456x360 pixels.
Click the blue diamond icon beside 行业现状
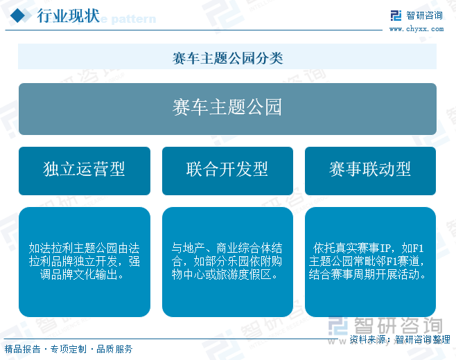[x=18, y=15]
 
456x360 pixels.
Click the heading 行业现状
[x=69, y=16]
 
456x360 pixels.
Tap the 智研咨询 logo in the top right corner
[x=416, y=15]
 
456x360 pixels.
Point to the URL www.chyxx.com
[x=416, y=29]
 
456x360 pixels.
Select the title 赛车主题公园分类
[x=227, y=58]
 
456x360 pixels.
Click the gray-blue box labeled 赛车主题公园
[x=227, y=109]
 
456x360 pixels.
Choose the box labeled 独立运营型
[x=85, y=171]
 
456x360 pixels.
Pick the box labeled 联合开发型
[x=227, y=171]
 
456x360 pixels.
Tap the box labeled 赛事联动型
[x=370, y=171]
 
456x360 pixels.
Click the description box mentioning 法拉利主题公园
[x=85, y=262]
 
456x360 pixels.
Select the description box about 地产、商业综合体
[x=227, y=262]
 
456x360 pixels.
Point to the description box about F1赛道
[x=370, y=262]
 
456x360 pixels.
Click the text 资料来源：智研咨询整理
[x=400, y=339]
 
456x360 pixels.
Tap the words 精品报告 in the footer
[x=22, y=349]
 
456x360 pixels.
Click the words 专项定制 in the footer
[x=69, y=349]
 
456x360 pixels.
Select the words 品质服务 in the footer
[x=114, y=349]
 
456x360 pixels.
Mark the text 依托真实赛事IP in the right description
[x=351, y=248]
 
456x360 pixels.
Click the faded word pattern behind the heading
[x=134, y=19]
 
